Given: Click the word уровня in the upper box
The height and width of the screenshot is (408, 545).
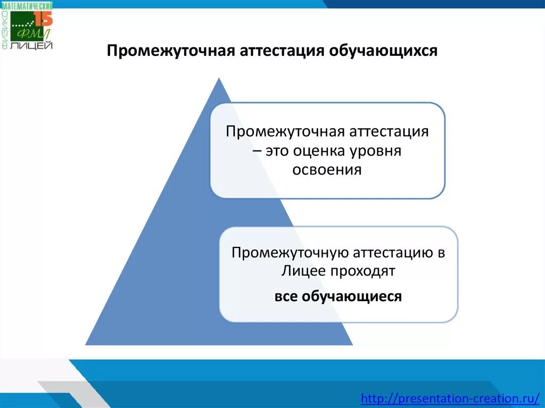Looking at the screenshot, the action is (x=379, y=151).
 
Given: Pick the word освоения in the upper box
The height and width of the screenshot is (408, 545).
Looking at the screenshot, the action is (x=327, y=170).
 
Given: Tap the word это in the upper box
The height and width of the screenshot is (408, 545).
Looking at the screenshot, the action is (x=275, y=151).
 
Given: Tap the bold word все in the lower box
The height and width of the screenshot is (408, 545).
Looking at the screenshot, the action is (x=286, y=296).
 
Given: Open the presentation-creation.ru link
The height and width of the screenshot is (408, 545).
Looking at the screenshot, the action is (x=450, y=398).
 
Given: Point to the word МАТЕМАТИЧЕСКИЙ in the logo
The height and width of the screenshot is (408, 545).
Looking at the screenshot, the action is (x=30, y=5).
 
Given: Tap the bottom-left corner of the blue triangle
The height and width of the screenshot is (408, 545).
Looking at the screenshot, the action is (x=87, y=344).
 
